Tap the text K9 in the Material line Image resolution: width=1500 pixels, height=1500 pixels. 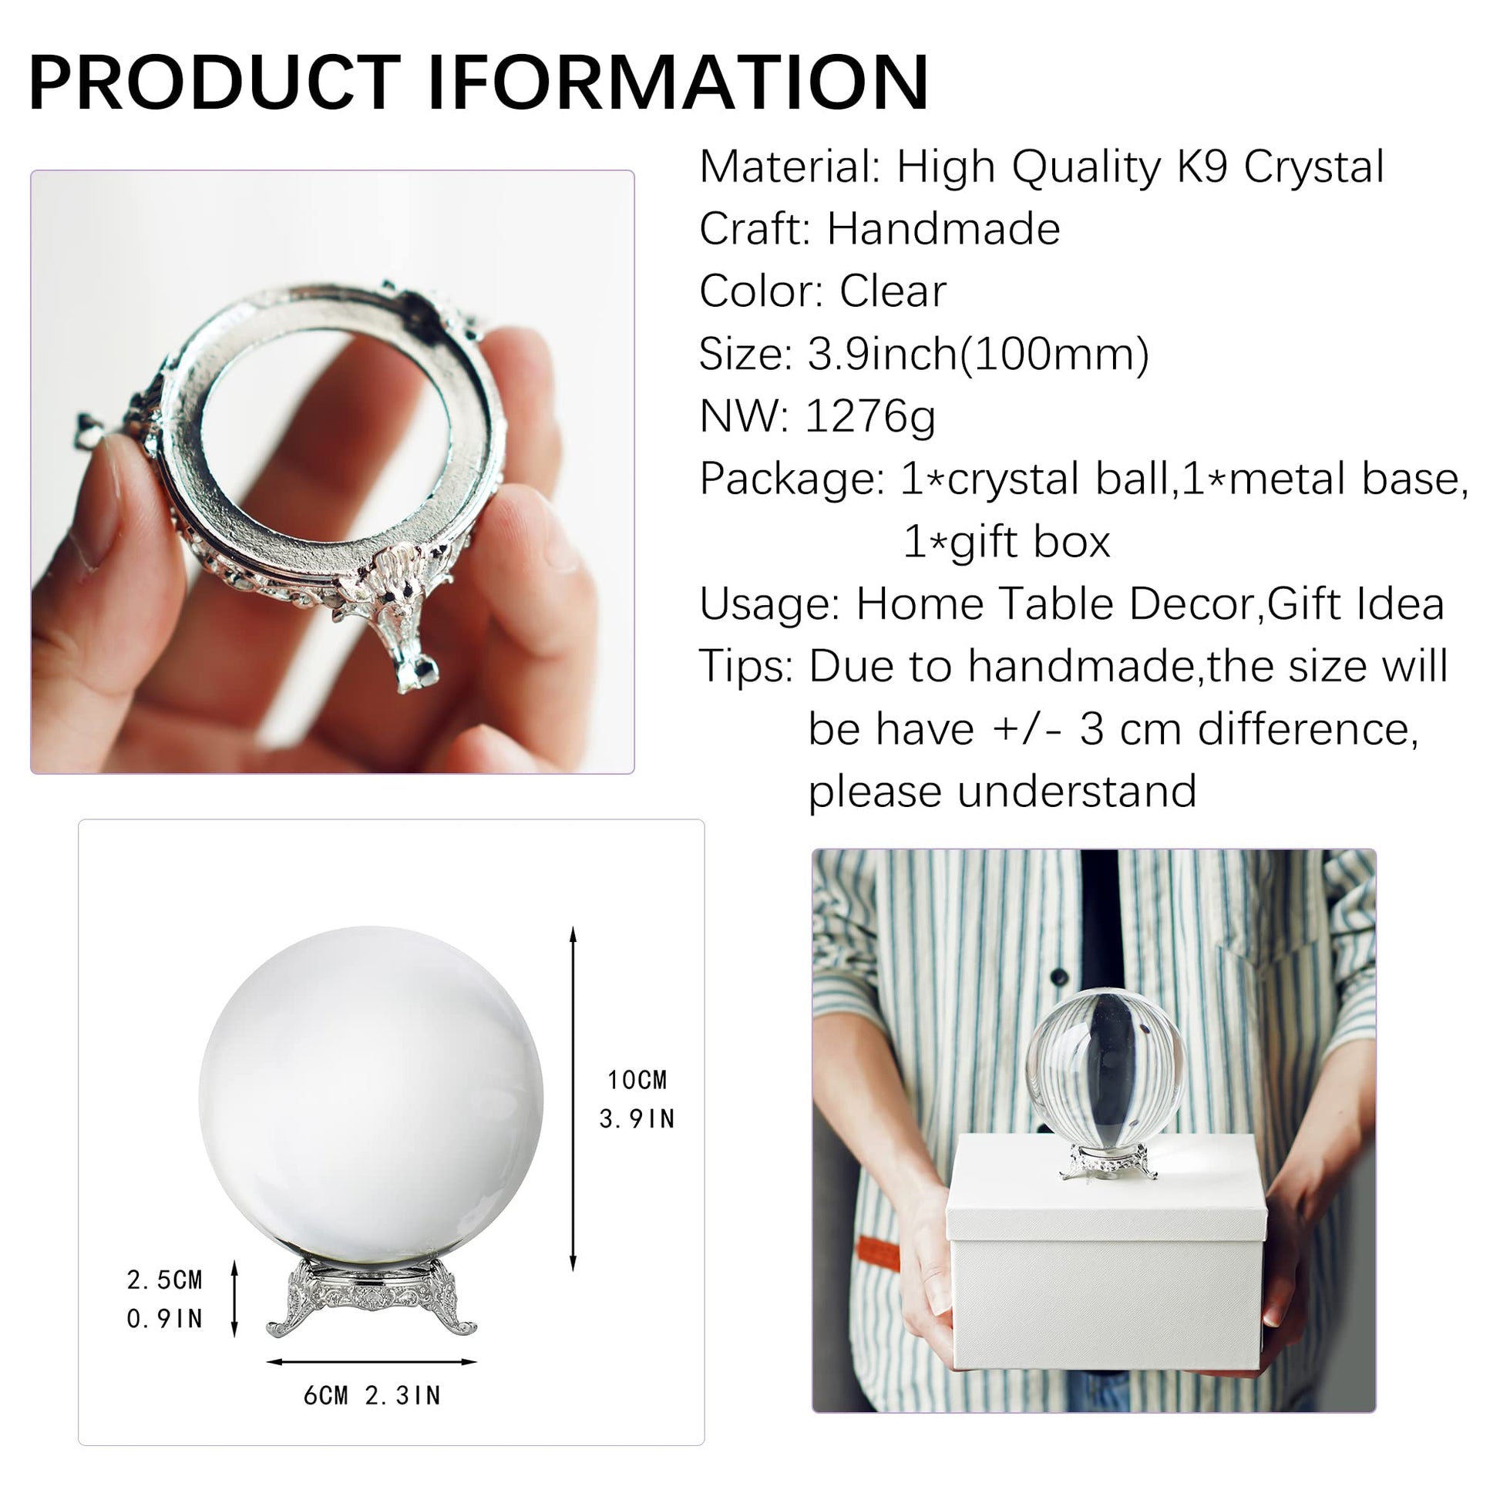(x=1202, y=166)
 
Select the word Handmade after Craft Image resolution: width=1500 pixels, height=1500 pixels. (x=943, y=228)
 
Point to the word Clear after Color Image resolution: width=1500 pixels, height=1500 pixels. (x=893, y=291)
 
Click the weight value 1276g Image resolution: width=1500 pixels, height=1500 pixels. (x=870, y=417)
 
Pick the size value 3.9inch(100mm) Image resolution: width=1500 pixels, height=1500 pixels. (x=978, y=355)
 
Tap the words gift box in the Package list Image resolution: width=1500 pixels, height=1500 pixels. (x=1031, y=542)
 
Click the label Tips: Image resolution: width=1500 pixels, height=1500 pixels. (x=746, y=667)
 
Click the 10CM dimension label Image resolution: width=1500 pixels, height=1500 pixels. (x=637, y=1080)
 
